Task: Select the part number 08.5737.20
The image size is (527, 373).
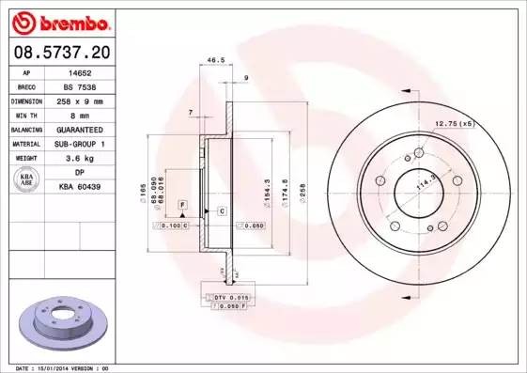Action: tap(61, 53)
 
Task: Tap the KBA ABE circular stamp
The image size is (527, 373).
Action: tap(27, 179)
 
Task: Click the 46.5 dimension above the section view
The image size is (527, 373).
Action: tap(215, 59)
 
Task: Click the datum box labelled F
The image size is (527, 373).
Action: tap(182, 204)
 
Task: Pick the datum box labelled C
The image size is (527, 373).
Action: tap(222, 211)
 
